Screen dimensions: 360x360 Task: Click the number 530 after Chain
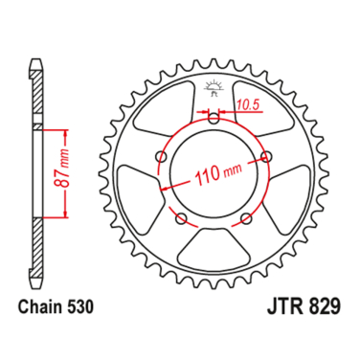(x=79, y=310)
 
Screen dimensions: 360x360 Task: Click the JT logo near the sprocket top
(x=213, y=91)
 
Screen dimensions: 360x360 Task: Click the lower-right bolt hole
(x=245, y=219)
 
